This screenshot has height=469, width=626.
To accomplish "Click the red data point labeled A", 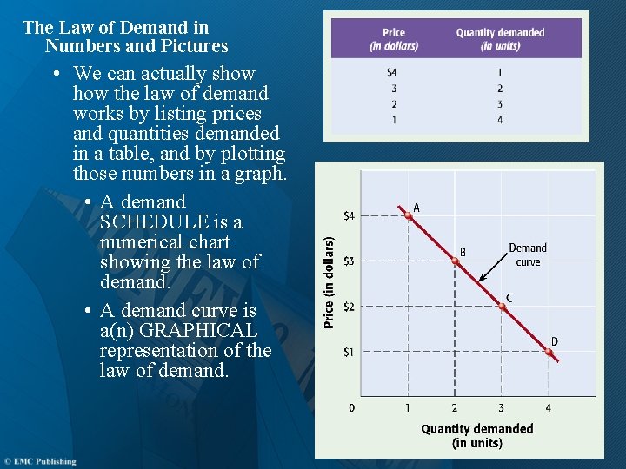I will tap(408, 215).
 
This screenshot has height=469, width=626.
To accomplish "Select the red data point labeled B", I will tap(455, 261).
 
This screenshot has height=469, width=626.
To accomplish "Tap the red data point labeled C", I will tap(502, 306).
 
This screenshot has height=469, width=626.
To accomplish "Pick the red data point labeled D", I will tap(549, 351).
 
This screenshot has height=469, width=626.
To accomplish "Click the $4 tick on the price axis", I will tap(349, 215).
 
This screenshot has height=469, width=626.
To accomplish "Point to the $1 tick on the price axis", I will tap(349, 352).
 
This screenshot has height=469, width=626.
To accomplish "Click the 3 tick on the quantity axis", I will tap(501, 407).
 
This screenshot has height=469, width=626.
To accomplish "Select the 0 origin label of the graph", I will tap(351, 407).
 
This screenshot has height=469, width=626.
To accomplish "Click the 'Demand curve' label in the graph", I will tap(528, 254).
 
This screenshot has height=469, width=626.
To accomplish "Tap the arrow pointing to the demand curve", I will tap(490, 271).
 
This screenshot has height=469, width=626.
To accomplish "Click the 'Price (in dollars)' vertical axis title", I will tap(330, 282).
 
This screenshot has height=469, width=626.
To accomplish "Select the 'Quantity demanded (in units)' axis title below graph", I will tap(477, 435).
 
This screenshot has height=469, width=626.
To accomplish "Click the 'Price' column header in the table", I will tap(394, 39).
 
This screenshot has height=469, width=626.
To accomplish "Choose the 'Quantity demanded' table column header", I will tap(500, 39).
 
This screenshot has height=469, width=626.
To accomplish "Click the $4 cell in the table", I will tap(393, 72).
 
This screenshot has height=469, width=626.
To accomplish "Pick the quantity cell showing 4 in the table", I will tap(500, 120).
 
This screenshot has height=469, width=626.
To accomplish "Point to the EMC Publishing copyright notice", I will tap(40, 461).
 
